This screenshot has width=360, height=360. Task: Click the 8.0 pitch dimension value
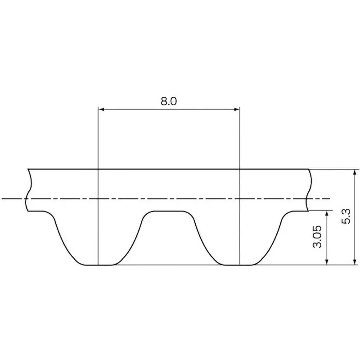click(x=169, y=101)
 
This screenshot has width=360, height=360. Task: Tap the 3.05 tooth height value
click(x=318, y=237)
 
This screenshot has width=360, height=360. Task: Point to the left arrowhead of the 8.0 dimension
click(x=101, y=109)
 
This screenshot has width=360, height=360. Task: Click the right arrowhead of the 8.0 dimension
click(x=236, y=109)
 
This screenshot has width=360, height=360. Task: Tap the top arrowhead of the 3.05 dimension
click(x=327, y=213)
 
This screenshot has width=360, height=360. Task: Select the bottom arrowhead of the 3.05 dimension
click(x=327, y=262)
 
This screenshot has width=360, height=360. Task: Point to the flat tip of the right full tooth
click(x=239, y=265)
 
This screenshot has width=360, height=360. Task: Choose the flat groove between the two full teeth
click(x=169, y=211)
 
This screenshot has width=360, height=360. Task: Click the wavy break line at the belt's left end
click(x=29, y=189)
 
